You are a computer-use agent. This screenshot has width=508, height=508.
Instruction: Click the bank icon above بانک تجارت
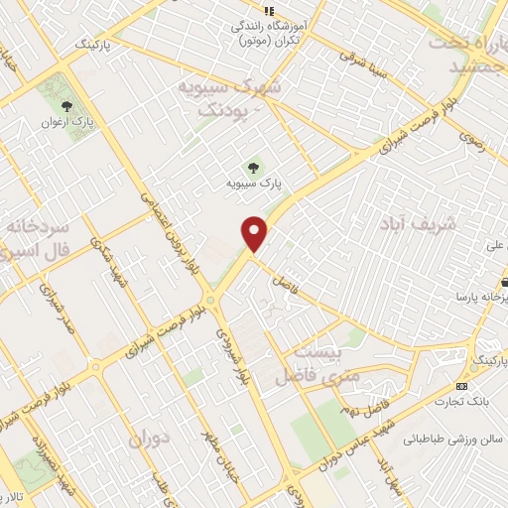(x=461, y=385)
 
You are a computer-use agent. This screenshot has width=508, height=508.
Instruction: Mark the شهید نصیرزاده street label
(x=48, y=457)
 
